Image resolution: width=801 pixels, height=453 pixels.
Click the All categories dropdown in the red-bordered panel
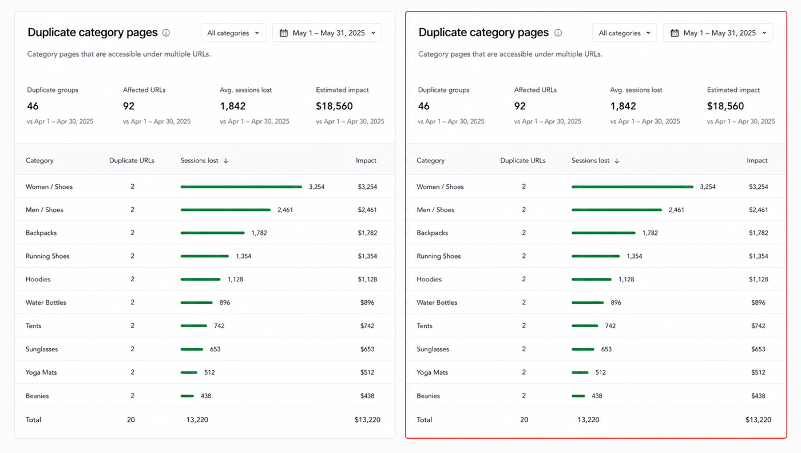[624, 33]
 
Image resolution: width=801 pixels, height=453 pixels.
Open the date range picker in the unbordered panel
[327, 33]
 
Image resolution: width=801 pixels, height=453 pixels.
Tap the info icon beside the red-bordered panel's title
[558, 33]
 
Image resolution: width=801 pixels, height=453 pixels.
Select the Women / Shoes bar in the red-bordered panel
[632, 186]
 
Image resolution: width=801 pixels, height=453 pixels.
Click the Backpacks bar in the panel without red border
[212, 233]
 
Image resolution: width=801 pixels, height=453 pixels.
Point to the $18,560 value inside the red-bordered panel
[725, 106]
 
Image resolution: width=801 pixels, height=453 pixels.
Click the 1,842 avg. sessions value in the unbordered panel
[233, 106]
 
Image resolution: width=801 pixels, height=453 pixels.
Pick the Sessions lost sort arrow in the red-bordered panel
[617, 161]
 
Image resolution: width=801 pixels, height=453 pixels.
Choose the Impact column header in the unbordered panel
[366, 161]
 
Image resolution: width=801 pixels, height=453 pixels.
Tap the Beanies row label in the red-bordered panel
[428, 396]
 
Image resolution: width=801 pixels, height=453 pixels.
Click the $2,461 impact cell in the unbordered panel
[367, 210]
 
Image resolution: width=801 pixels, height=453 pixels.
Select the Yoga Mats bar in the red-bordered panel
[580, 372]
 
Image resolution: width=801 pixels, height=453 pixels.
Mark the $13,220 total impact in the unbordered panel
[367, 420]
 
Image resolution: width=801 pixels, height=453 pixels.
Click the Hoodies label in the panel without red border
[38, 279]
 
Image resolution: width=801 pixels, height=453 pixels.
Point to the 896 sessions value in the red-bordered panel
[616, 303]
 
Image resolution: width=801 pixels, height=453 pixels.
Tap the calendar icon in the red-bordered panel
[675, 33]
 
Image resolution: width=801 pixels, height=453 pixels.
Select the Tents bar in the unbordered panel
[194, 325]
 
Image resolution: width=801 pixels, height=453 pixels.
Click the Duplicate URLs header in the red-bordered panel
[523, 161]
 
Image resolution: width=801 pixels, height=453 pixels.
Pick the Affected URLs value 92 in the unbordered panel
[128, 106]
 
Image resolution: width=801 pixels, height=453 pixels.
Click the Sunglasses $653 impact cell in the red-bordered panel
[758, 349]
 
